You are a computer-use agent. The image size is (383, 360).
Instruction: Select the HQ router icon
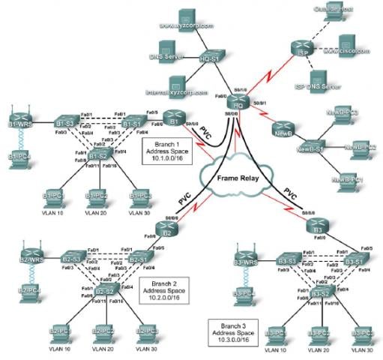pos(238,106)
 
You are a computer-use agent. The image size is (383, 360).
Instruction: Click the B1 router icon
pos(173,120)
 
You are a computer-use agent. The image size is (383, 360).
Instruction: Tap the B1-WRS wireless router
pos(20,122)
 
